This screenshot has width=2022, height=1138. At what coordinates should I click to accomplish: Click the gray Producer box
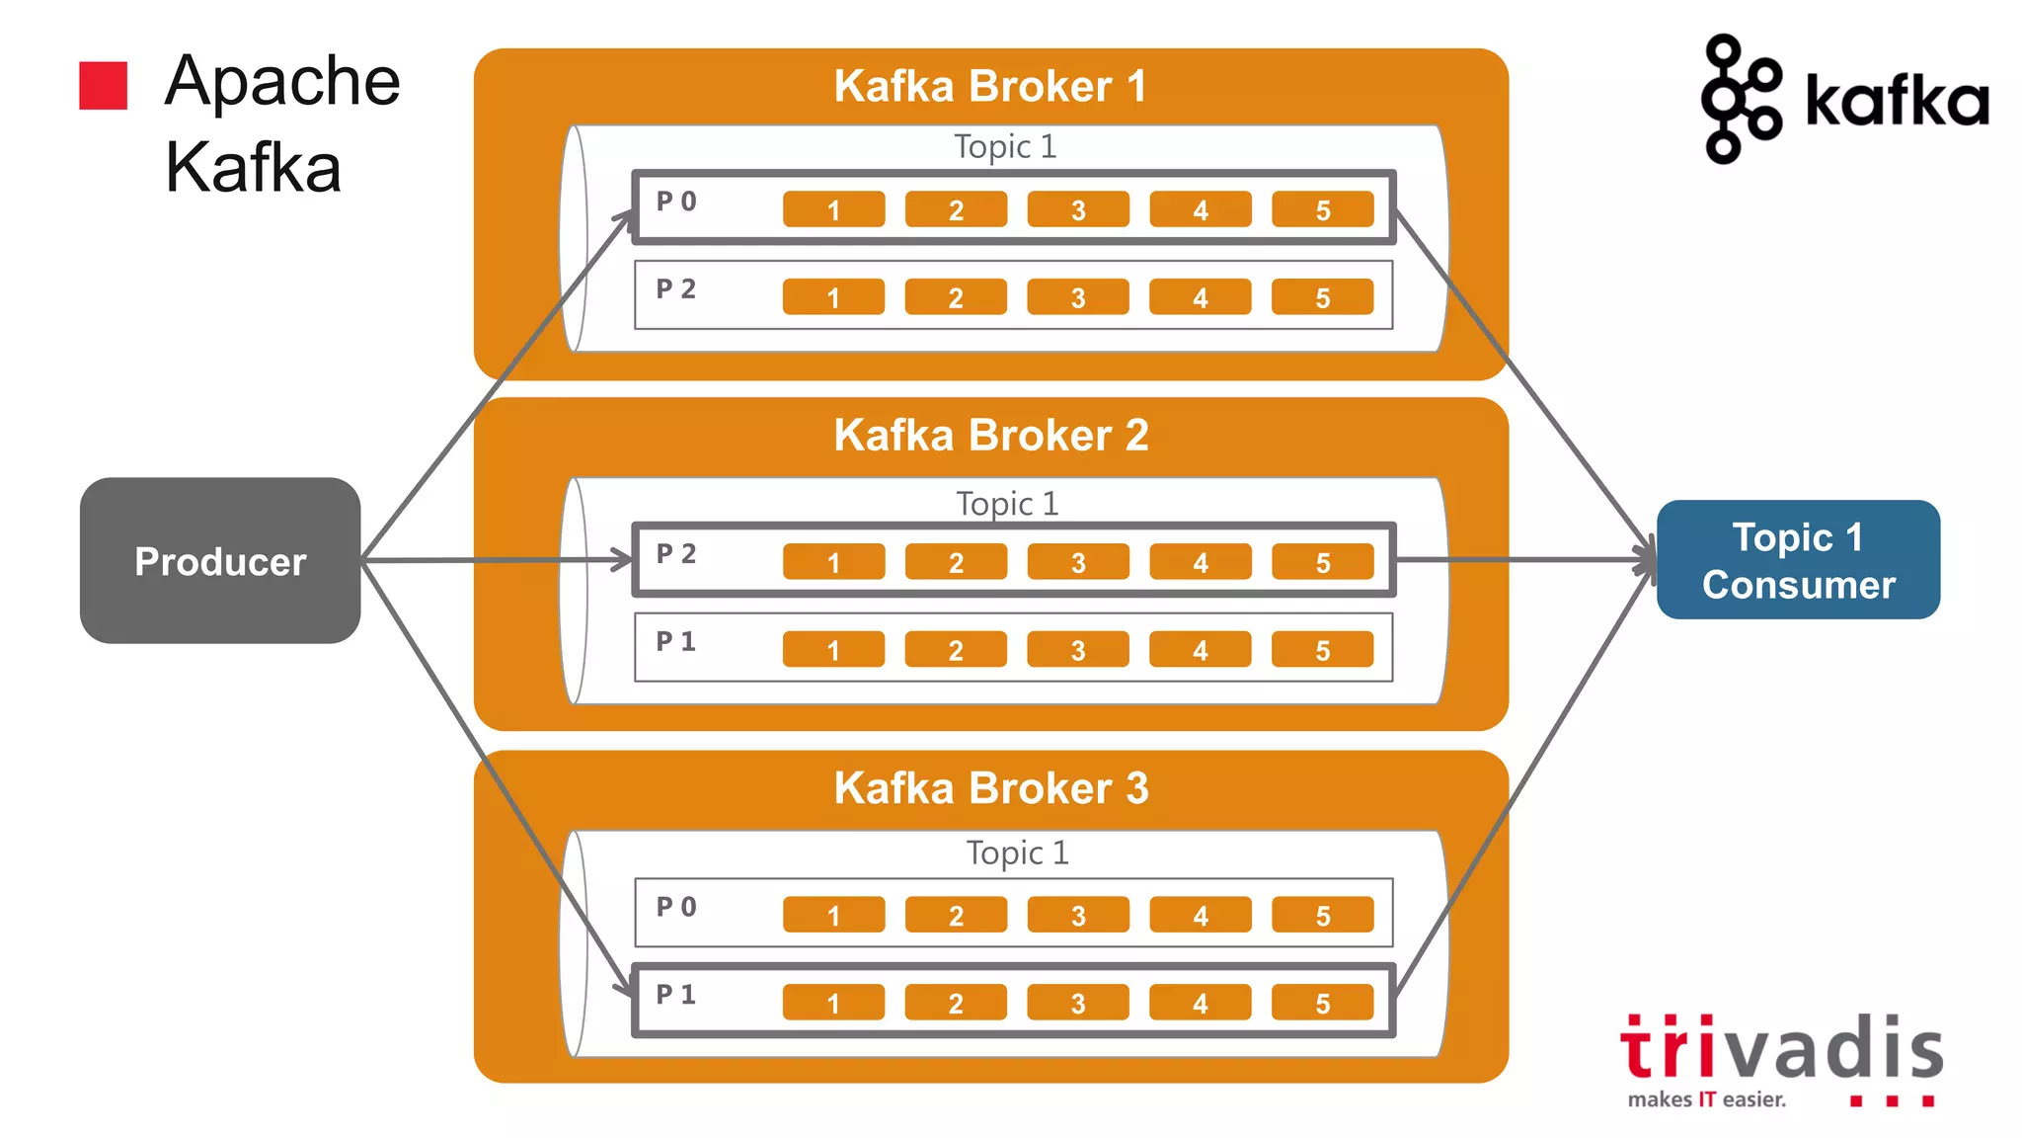coord(220,561)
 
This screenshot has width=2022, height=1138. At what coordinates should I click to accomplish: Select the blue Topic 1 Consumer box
coord(1798,560)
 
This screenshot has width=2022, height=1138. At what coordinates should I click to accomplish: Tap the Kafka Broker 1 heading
coord(990,86)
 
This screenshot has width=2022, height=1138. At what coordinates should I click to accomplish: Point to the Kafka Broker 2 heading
coord(990,436)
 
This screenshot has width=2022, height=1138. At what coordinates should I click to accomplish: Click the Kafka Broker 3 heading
coord(990,788)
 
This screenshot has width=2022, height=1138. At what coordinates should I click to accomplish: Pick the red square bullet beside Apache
coord(104,85)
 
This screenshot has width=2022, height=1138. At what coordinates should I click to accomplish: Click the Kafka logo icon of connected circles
coord(1740,98)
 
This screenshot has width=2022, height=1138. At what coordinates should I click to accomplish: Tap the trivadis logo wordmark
coord(1781,1048)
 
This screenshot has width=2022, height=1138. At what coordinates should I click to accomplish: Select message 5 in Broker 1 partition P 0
coord(1322,209)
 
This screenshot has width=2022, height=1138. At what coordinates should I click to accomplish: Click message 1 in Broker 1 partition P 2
coord(833,297)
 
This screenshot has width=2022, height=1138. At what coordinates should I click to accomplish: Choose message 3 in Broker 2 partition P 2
coord(1077,562)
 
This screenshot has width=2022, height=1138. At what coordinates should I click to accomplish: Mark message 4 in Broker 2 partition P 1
coord(1200,650)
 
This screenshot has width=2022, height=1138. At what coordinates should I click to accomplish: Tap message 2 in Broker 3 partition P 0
coord(956,915)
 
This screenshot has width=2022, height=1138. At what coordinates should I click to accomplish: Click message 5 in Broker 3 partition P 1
coord(1322,1003)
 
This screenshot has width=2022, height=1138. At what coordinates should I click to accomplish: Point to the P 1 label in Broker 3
coord(676,994)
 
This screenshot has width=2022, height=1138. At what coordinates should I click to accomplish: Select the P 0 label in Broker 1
coord(676,202)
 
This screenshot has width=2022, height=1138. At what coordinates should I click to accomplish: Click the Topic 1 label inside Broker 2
coord(1007,504)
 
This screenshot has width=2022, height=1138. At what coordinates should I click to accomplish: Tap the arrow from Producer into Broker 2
coord(494,560)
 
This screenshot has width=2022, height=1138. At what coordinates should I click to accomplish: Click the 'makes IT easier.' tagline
coord(1707,1099)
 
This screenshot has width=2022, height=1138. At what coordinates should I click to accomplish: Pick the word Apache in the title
coord(282,81)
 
